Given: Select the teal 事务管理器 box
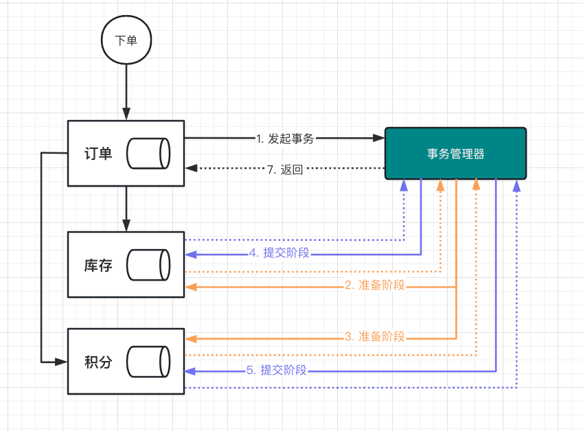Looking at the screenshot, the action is (455, 154).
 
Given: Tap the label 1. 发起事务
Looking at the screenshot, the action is (285, 139).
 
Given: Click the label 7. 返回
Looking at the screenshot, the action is (285, 170).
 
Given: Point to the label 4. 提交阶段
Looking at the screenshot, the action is (279, 253).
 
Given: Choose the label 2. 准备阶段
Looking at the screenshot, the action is (375, 285).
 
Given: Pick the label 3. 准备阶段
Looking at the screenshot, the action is (375, 336).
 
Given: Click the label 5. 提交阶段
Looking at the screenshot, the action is (276, 370).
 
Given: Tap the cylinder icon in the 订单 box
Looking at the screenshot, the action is (148, 154).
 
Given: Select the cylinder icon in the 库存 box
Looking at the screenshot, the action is (148, 265).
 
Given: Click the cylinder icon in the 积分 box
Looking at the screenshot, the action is (148, 362).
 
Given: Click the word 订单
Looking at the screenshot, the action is (98, 154).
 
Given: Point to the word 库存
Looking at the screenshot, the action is (98, 266).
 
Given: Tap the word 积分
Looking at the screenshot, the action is (98, 362).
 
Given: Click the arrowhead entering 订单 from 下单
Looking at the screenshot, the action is (126, 114).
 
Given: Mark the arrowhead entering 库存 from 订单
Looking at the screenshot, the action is (126, 226).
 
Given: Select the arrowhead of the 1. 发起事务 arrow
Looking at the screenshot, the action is (378, 138).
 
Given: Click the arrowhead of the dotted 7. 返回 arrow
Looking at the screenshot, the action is (191, 168).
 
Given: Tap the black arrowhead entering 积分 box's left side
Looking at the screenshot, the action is (61, 362).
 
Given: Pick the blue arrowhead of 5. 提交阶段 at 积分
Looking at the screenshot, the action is (190, 371).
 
